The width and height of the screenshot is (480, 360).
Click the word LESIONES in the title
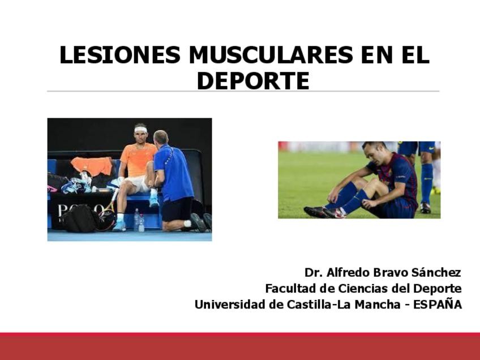point(119,55)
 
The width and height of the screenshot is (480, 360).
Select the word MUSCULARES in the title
point(271,55)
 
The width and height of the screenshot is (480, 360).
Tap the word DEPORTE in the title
point(253,81)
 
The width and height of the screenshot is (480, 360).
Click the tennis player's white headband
point(141,130)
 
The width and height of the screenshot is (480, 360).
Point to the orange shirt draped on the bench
point(92,166)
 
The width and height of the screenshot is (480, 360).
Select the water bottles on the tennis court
point(139,220)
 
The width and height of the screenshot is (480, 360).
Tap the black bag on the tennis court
point(80,218)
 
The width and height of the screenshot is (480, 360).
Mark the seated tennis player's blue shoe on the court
point(119,226)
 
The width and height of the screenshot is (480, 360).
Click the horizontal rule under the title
point(243,91)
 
